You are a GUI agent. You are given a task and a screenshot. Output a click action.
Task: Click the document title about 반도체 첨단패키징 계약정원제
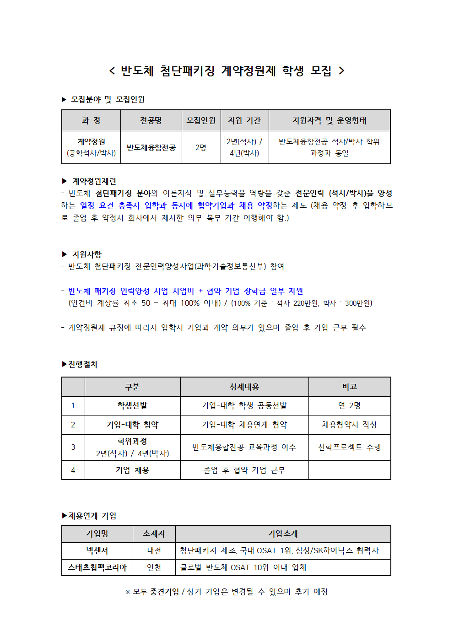[227, 71]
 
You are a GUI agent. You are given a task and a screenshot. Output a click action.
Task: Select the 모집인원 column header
[201, 121]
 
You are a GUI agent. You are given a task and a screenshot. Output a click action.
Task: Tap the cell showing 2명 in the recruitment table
[201, 147]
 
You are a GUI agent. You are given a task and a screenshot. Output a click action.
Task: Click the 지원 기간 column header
[244, 121]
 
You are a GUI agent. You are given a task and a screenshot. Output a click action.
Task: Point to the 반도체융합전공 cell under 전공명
[151, 147]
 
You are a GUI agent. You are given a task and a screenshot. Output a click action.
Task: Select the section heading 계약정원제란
[94, 181]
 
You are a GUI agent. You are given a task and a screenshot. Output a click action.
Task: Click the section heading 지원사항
[86, 254]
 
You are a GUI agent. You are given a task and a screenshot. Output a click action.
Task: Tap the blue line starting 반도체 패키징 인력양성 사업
[185, 291]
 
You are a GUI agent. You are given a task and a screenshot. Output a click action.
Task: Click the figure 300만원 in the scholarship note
[358, 303]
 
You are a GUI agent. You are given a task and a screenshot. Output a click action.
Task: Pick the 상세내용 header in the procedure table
[244, 387]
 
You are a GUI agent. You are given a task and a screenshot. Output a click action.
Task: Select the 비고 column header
[350, 387]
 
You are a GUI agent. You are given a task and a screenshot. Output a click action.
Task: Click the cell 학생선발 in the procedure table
[132, 406]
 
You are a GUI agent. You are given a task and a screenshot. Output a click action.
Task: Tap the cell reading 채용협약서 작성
[349, 425]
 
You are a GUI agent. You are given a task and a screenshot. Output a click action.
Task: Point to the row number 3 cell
[73, 447]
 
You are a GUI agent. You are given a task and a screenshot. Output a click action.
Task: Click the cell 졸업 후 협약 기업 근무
[244, 470]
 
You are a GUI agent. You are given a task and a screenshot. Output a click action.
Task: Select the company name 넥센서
[97, 551]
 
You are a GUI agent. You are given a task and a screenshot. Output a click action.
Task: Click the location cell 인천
[154, 568]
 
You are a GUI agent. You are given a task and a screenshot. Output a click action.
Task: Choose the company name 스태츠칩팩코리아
[97, 568]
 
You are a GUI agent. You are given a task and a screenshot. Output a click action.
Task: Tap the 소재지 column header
[154, 534]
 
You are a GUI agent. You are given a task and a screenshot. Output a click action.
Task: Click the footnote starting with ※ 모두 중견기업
[227, 592]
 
